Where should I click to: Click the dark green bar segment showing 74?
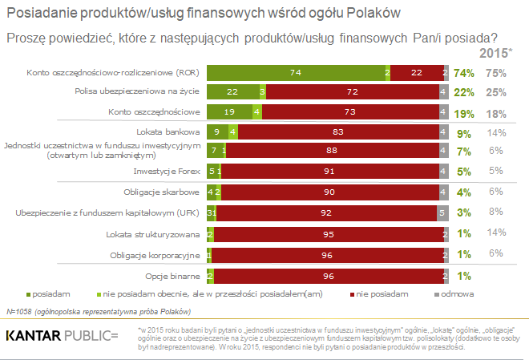(x=295, y=72)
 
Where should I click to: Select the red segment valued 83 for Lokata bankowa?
(x=338, y=131)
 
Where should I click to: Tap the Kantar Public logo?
(x=62, y=334)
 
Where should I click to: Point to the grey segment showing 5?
(x=442, y=214)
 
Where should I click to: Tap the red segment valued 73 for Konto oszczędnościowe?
(x=349, y=111)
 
